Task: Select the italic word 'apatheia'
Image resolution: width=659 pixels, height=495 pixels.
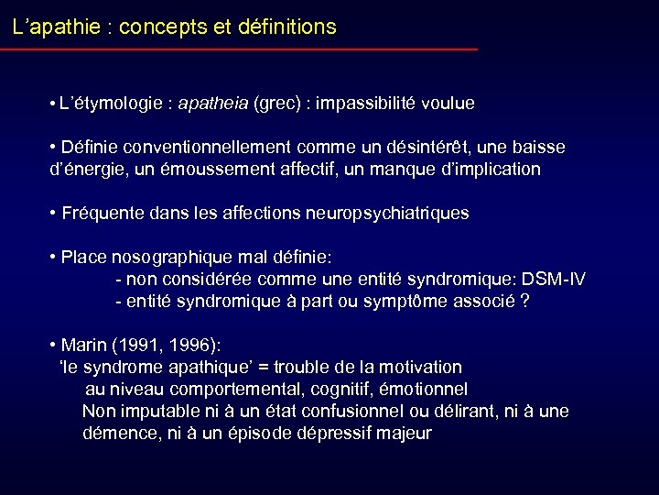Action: [213, 104]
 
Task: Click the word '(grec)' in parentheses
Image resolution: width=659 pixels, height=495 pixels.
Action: [278, 104]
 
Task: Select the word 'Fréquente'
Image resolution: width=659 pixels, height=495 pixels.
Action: [98, 214]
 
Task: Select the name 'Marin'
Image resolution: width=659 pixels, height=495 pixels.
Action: [82, 346]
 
